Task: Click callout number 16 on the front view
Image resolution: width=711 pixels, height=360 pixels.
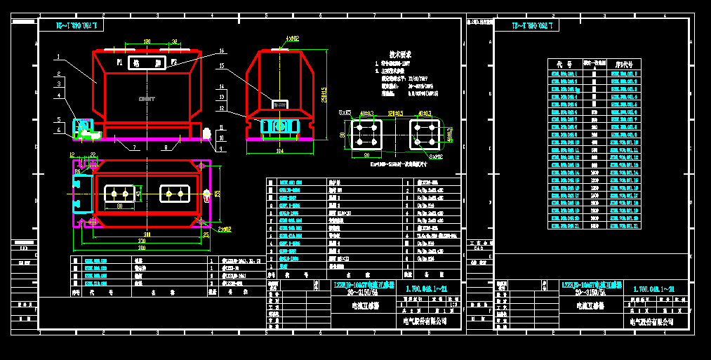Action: pyautogui.click(x=221, y=51)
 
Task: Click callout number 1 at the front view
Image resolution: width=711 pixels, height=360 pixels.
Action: pyautogui.click(x=59, y=55)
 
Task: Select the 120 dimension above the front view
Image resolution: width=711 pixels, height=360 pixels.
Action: pyautogui.click(x=146, y=42)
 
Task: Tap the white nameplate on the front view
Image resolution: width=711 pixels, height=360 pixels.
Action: pyautogui.click(x=146, y=63)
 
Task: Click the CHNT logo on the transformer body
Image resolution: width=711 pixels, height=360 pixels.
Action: pyautogui.click(x=147, y=99)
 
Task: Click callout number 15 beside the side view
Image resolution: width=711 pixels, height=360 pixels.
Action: pyautogui.click(x=221, y=66)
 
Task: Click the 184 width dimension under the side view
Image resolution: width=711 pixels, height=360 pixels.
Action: pyautogui.click(x=279, y=150)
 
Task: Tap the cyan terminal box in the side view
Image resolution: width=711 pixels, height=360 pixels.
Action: pyautogui.click(x=279, y=126)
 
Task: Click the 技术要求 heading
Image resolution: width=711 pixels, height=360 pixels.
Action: pyautogui.click(x=401, y=53)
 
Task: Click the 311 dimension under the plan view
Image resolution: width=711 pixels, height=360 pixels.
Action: pyautogui.click(x=147, y=234)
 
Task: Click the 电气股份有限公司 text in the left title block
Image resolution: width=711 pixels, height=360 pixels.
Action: pyautogui.click(x=425, y=321)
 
